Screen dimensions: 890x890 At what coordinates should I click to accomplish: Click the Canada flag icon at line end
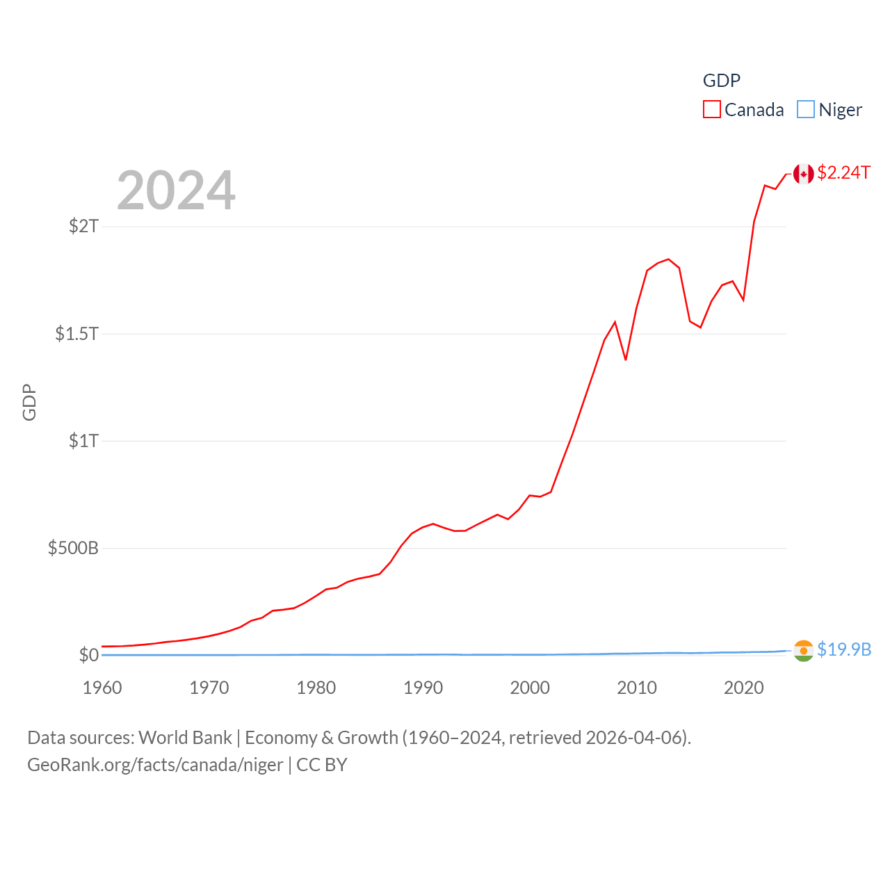[x=803, y=174]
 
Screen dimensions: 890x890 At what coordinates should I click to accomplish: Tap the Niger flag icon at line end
[x=803, y=651]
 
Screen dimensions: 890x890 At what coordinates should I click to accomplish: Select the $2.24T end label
[x=843, y=172]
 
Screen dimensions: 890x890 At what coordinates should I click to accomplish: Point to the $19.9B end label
[x=844, y=649]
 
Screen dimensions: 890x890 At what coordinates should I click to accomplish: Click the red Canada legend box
[x=712, y=110]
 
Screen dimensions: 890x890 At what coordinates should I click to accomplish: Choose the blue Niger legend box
[x=805, y=110]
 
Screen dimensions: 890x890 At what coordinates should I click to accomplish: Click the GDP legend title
[x=722, y=81]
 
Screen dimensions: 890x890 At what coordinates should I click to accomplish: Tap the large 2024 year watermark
[x=176, y=191]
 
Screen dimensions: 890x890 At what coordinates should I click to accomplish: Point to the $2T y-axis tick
[x=83, y=226]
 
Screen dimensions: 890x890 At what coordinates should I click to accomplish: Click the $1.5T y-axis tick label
[x=76, y=334]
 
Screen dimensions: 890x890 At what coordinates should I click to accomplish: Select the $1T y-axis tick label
[x=83, y=441]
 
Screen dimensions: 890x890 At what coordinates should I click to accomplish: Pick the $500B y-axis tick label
[x=73, y=548]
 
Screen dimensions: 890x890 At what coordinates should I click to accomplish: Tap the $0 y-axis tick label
[x=88, y=655]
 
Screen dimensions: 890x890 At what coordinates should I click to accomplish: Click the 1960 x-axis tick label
[x=102, y=688]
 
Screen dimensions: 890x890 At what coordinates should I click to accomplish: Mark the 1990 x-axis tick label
[x=423, y=688]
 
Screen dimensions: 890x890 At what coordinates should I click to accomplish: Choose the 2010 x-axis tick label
[x=637, y=688]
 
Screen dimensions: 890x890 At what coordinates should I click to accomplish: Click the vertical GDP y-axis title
[x=29, y=403]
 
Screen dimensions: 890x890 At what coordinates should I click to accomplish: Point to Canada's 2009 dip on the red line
[x=626, y=359]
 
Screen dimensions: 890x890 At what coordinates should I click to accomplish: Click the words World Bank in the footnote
[x=185, y=738]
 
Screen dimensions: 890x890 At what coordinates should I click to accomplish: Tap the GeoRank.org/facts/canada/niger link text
[x=155, y=765]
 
